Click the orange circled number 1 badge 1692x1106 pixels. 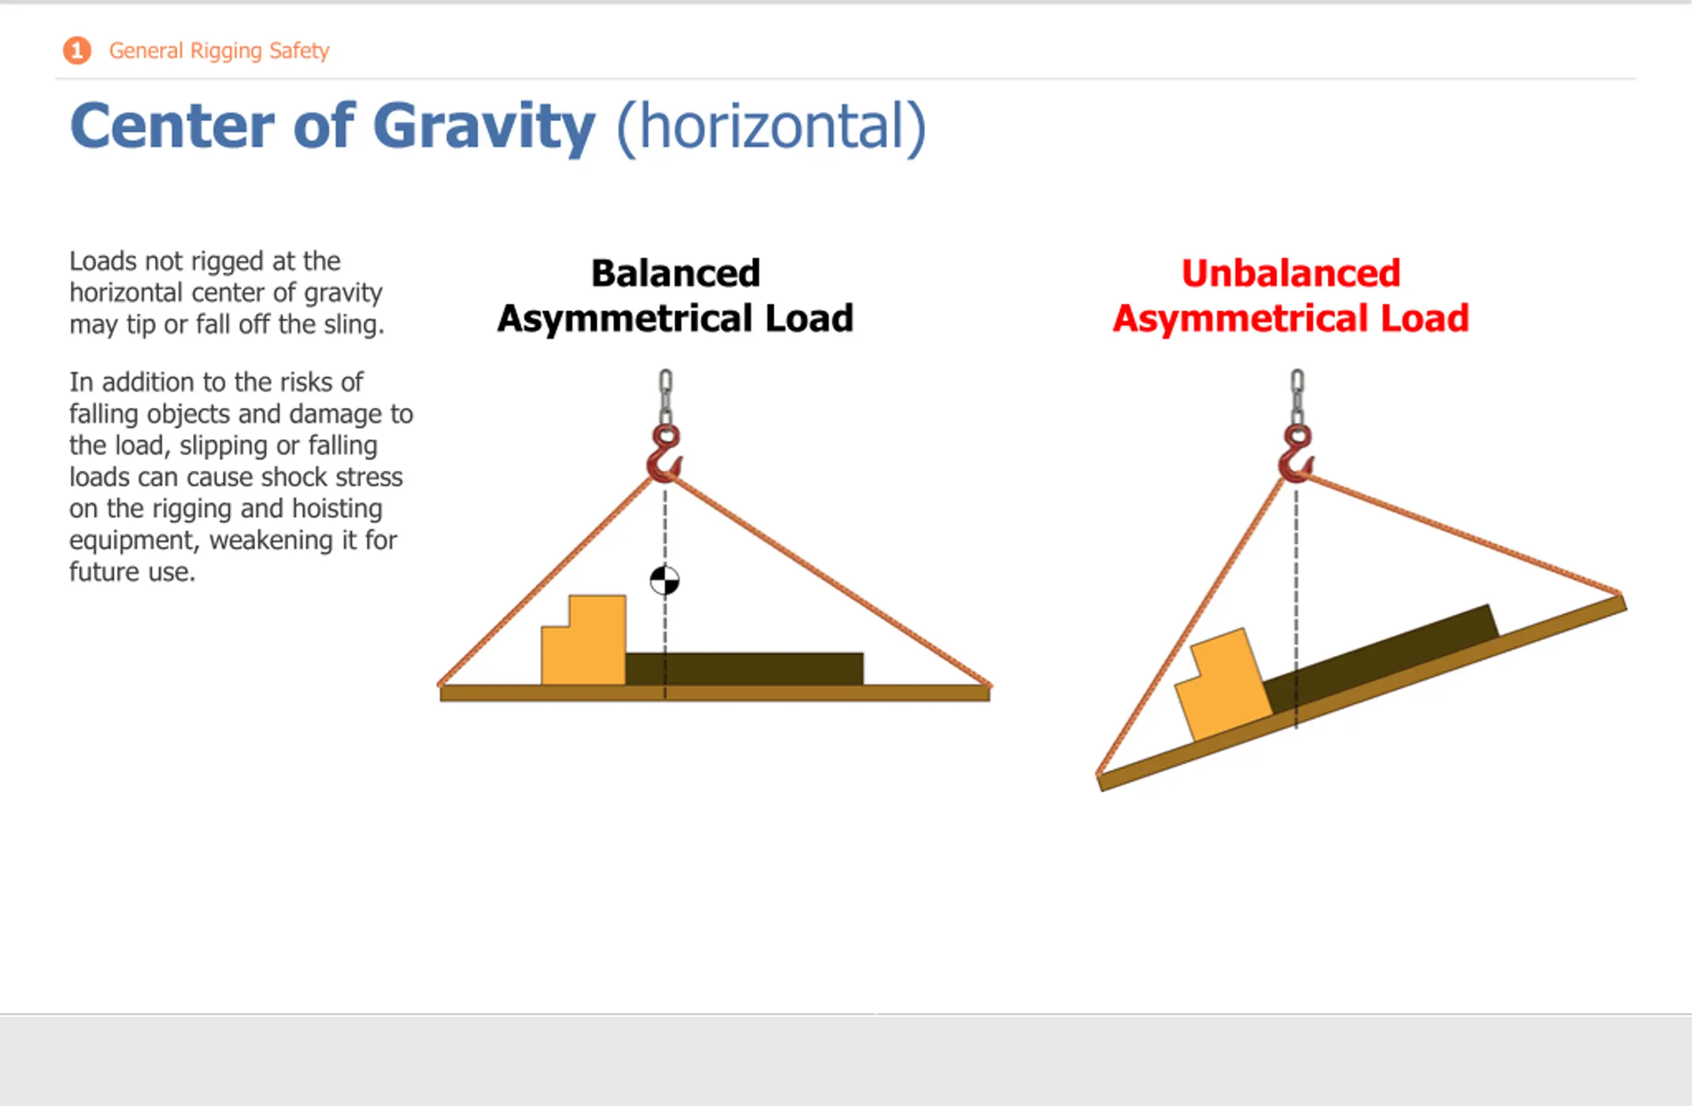pos(77,50)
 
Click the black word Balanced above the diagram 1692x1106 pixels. pos(675,273)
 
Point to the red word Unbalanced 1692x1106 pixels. pos(1290,273)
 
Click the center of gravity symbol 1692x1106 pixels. pos(665,581)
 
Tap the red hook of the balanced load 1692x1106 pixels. pos(664,455)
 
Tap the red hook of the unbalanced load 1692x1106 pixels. pos(1296,455)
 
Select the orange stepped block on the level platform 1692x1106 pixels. pos(584,640)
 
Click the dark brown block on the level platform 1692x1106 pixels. pos(744,669)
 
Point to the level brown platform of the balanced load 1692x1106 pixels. pos(714,693)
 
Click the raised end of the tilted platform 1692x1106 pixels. pos(1623,603)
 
